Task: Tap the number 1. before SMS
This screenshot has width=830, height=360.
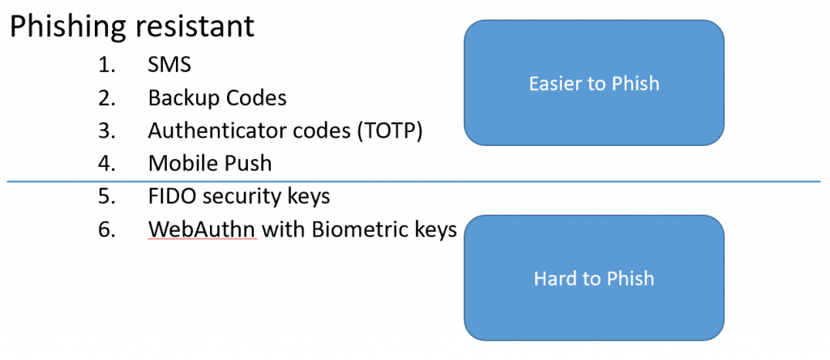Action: pyautogui.click(x=107, y=66)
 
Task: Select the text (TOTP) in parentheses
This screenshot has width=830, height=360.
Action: pyautogui.click(x=389, y=131)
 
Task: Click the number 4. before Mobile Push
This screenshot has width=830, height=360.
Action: pyautogui.click(x=107, y=163)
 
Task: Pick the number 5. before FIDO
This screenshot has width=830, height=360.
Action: pyautogui.click(x=107, y=196)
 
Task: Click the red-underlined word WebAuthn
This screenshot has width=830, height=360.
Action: pyautogui.click(x=202, y=229)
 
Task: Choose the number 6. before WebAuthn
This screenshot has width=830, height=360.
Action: pyautogui.click(x=107, y=229)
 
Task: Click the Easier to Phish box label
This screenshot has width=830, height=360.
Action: pyautogui.click(x=593, y=84)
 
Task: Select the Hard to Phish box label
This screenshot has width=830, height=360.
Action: pyautogui.click(x=593, y=279)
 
